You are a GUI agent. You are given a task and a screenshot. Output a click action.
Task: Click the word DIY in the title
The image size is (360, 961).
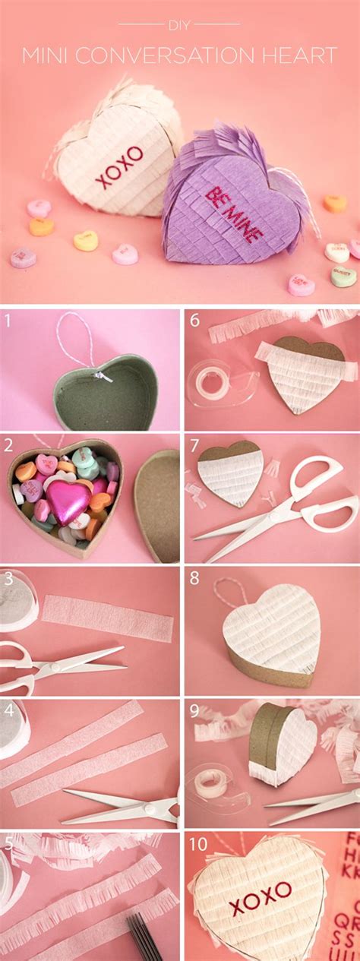(x=179, y=24)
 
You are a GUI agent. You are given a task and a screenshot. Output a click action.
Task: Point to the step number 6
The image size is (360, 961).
(x=194, y=320)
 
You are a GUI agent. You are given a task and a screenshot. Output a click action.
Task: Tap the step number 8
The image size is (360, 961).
(x=194, y=578)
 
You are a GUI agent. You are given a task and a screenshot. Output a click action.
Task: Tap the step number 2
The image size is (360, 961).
(x=8, y=444)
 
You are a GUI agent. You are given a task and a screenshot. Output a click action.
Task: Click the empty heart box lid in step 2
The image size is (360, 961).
(x=158, y=504)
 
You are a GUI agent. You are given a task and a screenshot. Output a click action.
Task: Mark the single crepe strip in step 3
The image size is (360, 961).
(x=106, y=616)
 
